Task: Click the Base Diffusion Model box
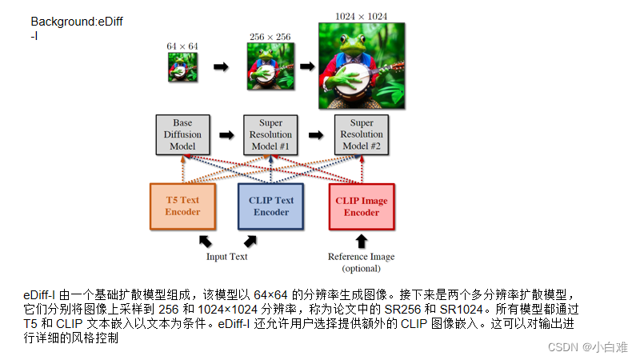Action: [182, 134]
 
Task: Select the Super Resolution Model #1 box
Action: [271, 134]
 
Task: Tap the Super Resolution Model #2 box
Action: [362, 134]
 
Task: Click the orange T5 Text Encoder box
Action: [182, 206]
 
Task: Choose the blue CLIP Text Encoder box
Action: [271, 206]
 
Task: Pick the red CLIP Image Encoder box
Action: [362, 206]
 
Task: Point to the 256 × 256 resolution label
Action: [270, 35]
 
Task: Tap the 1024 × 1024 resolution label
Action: [362, 15]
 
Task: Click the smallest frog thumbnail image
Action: [182, 68]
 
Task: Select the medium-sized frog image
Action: [271, 66]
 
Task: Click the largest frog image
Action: [362, 66]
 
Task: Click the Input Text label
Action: [227, 257]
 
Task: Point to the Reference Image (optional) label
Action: [362, 262]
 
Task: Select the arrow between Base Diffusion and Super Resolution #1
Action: [227, 135]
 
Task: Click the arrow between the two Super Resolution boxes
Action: [318, 135]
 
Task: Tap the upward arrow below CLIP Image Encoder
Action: [362, 240]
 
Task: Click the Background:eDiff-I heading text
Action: [77, 28]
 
